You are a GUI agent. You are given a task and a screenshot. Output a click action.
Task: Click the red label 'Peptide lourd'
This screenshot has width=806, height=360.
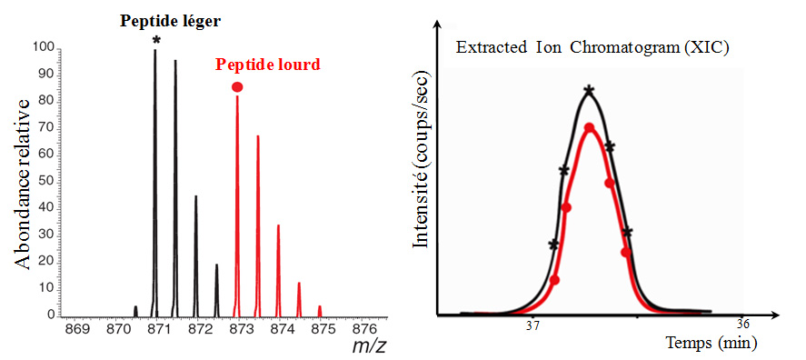(267, 65)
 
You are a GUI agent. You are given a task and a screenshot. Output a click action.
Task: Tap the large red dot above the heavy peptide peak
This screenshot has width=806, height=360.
(237, 86)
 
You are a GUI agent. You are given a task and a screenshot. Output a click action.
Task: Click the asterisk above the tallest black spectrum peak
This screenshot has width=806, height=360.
(155, 41)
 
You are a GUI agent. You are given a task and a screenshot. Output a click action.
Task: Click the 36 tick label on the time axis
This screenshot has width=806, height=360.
(742, 325)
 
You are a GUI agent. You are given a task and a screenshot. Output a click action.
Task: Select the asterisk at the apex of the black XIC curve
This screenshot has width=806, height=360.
(590, 90)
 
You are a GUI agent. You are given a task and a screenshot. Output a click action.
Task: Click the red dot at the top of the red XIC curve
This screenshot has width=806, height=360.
(590, 128)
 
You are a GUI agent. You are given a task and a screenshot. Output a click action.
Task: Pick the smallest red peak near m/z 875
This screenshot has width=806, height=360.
(319, 310)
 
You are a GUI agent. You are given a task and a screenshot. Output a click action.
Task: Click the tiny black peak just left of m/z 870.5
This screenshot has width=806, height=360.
(135, 311)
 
